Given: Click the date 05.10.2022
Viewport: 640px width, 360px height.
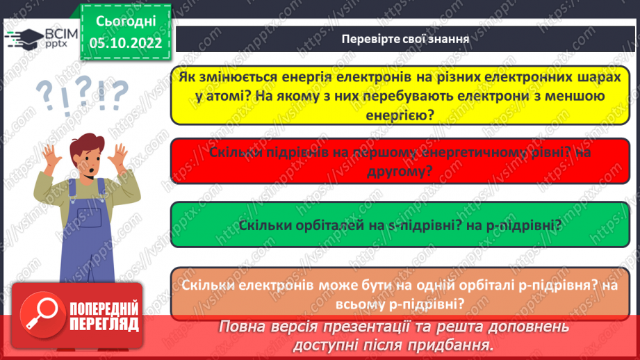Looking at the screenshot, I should [125, 43].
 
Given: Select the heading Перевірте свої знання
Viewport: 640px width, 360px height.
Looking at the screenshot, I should [405, 39].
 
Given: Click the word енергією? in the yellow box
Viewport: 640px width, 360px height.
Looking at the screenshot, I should [405, 115].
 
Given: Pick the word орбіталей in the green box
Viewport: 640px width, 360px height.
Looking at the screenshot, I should [318, 226].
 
